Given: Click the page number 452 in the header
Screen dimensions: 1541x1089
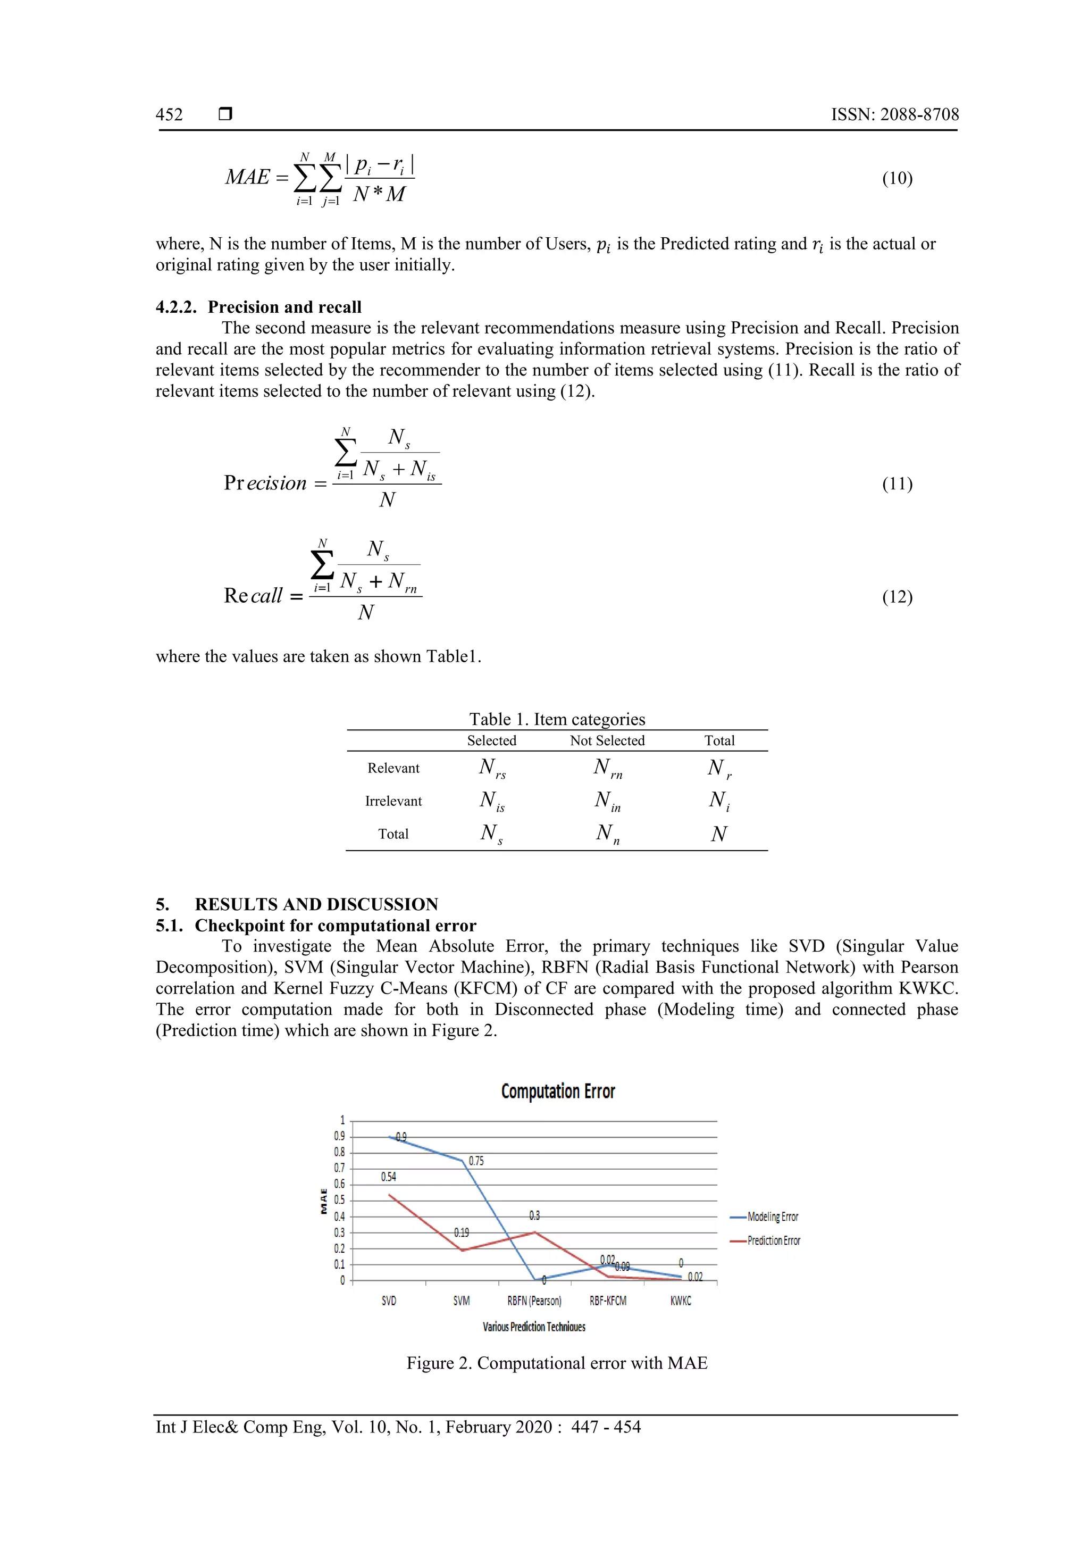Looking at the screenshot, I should click(x=169, y=115).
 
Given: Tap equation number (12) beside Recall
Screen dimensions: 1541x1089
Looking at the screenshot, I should click(x=897, y=597).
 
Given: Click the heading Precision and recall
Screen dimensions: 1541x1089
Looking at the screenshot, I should click(x=284, y=307).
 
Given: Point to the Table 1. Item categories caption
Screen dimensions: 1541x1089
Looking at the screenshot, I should click(x=557, y=720).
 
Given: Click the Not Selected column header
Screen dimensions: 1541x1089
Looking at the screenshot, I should click(x=607, y=741).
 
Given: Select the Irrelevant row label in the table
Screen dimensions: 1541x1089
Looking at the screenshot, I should click(x=393, y=802).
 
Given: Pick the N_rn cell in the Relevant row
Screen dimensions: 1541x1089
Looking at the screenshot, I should click(x=607, y=769).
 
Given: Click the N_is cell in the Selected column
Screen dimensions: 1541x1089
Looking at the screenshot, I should click(x=492, y=802).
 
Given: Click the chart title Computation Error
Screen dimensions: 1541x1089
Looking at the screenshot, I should click(x=558, y=1092).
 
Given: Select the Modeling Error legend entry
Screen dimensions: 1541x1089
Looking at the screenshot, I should click(x=772, y=1217).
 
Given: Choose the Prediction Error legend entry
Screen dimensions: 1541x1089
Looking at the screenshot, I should click(x=774, y=1241).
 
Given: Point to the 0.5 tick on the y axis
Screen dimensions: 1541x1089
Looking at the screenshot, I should click(x=340, y=1201).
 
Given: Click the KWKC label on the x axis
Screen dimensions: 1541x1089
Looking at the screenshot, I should click(x=681, y=1301).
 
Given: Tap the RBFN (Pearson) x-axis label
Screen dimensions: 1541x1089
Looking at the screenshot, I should click(x=534, y=1301).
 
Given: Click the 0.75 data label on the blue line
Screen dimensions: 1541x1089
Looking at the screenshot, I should click(x=476, y=1161).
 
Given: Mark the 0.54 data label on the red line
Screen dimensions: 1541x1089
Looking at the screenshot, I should click(x=389, y=1177).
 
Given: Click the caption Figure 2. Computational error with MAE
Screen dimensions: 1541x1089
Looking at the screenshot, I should click(x=557, y=1363).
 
